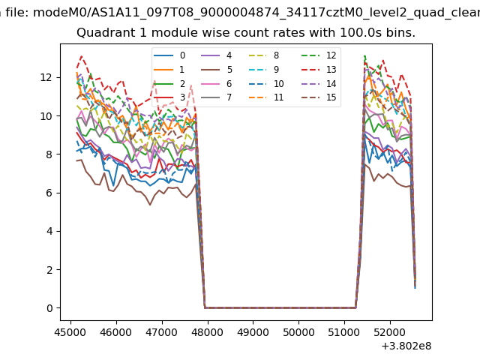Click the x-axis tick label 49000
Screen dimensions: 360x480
[252, 331]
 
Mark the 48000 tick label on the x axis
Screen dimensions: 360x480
[206, 331]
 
